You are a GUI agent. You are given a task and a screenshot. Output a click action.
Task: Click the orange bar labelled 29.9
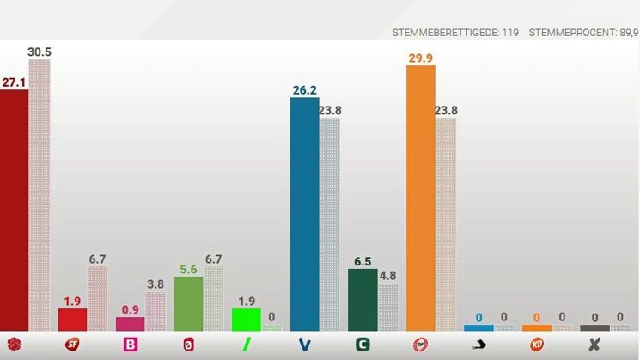pyautogui.click(x=420, y=198)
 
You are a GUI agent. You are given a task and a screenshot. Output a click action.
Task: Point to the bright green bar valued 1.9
pyautogui.click(x=246, y=319)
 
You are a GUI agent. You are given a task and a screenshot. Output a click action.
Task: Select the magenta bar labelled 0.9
pyautogui.click(x=130, y=323)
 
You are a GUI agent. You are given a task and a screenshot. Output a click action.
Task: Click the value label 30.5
pyautogui.click(x=40, y=52)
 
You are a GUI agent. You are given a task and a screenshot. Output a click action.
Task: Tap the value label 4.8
pyautogui.click(x=387, y=276)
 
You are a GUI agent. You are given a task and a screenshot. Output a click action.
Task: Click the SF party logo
pyautogui.click(x=72, y=345)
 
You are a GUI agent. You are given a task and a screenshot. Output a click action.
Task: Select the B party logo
pyautogui.click(x=131, y=345)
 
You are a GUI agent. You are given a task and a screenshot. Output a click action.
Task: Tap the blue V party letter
pyautogui.click(x=304, y=345)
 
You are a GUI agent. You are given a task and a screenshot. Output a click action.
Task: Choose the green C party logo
pyautogui.click(x=363, y=345)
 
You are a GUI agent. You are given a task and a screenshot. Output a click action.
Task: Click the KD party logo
pyautogui.click(x=537, y=345)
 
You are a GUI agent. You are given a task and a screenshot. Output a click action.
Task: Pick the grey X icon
pyautogui.click(x=594, y=345)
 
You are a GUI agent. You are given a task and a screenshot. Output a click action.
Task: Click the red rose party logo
pyautogui.click(x=14, y=345)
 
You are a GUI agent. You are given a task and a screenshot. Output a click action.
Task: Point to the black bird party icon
pyautogui.click(x=478, y=345)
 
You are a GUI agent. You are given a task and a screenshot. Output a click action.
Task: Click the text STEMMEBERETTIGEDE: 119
pyautogui.click(x=455, y=33)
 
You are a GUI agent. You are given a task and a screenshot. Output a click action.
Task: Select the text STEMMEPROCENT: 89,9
pyautogui.click(x=583, y=33)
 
